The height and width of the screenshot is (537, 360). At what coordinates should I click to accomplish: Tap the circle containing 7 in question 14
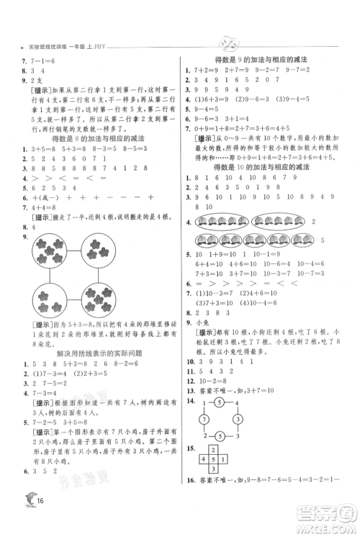(x=204, y=418)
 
